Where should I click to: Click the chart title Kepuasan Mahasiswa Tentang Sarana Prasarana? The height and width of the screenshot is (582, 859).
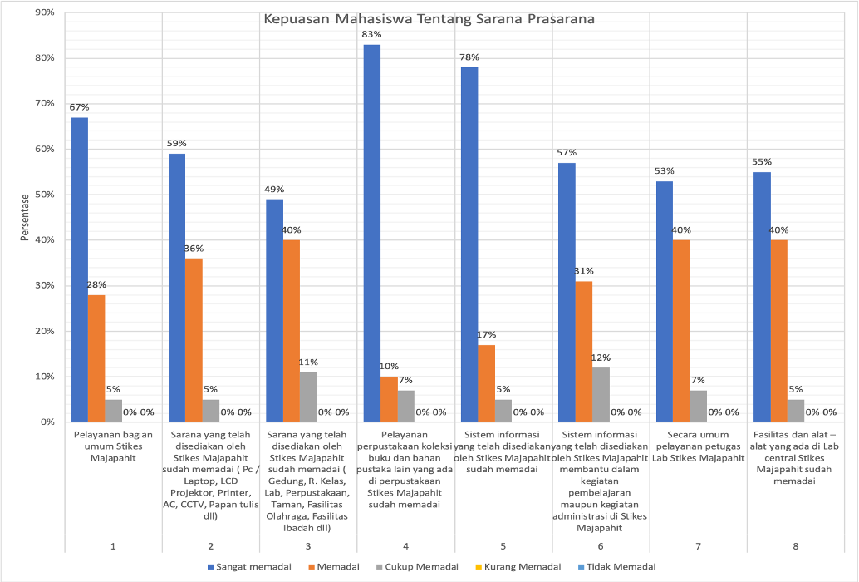[429, 19]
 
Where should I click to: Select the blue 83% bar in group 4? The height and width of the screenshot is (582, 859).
[372, 233]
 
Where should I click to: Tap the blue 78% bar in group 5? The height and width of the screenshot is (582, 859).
[469, 244]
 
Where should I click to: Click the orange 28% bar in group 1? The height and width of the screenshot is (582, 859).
[96, 358]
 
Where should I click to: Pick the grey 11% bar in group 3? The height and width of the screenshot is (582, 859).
[308, 397]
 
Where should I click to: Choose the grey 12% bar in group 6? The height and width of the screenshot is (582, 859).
[601, 395]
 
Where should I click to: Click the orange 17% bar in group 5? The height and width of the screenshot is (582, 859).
[487, 383]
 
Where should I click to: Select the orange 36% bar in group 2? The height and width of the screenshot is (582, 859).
[194, 340]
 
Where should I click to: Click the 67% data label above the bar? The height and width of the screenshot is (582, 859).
[79, 107]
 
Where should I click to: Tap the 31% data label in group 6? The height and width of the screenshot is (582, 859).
[584, 271]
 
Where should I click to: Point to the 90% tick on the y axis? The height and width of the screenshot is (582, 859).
[43, 13]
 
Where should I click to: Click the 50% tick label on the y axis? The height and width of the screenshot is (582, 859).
[43, 195]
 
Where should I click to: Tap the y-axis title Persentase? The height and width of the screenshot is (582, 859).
[26, 218]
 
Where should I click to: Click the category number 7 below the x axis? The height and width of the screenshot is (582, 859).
[698, 545]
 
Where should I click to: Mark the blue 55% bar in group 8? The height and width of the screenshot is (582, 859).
[762, 297]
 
